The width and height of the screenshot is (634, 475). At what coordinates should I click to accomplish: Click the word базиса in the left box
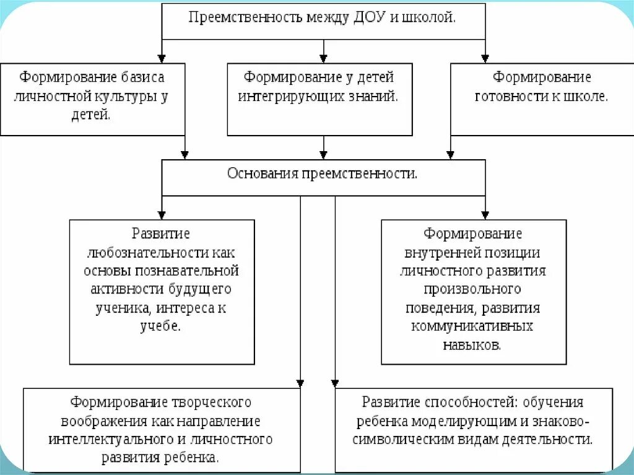[x=144, y=77]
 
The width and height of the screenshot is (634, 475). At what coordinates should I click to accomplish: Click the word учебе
[x=162, y=326]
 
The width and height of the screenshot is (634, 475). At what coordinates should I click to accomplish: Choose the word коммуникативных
[x=472, y=326]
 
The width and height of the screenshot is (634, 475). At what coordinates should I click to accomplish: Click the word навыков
[x=472, y=344]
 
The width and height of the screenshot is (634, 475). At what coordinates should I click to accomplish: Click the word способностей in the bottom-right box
[x=456, y=403]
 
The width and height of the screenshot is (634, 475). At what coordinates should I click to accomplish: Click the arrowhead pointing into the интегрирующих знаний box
[x=323, y=58]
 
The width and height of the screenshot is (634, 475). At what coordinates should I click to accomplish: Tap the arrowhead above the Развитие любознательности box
[x=162, y=214]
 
